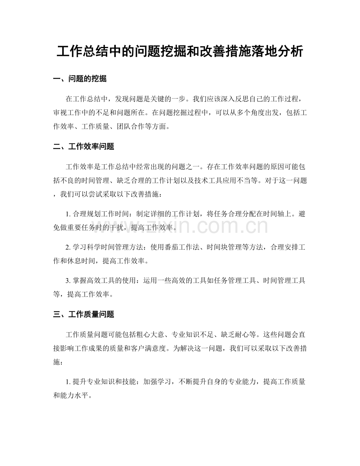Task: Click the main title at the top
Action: (x=180, y=51)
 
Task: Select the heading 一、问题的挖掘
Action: (x=80, y=79)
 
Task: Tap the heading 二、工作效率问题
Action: (x=84, y=147)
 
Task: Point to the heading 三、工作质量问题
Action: (x=84, y=314)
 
